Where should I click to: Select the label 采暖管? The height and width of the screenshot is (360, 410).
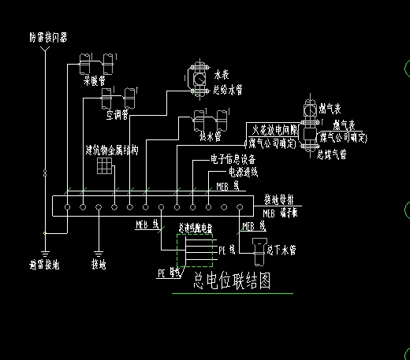coord(95,80)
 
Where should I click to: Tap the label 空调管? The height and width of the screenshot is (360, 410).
coord(117,114)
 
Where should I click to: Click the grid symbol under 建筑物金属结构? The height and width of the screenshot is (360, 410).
coord(103,166)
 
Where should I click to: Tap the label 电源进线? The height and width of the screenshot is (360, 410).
coord(241,171)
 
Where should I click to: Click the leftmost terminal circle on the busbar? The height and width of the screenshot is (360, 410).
coord(68,207)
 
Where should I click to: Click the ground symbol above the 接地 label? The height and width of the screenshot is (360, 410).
coord(99,243)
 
